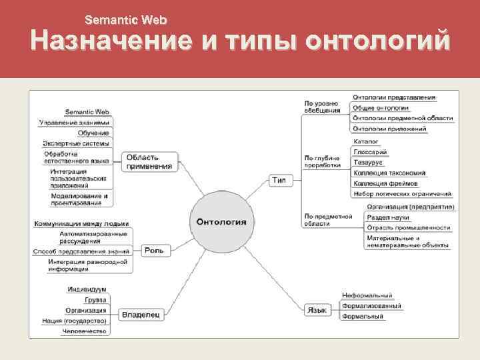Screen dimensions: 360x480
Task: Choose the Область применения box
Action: [150, 161]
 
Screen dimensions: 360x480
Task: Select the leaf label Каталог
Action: [366, 141]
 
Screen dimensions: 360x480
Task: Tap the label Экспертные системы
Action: [75, 143]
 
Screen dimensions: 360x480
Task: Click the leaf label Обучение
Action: [93, 133]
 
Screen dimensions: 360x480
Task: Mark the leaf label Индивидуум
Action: [87, 289]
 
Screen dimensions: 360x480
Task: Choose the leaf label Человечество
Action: [85, 331]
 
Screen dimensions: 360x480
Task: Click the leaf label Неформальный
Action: [367, 295]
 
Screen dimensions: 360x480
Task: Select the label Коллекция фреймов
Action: [385, 183]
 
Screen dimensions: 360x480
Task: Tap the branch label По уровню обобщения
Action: [321, 107]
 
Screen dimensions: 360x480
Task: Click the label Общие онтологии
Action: [381, 107]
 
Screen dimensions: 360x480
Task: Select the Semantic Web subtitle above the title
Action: [125, 20]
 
